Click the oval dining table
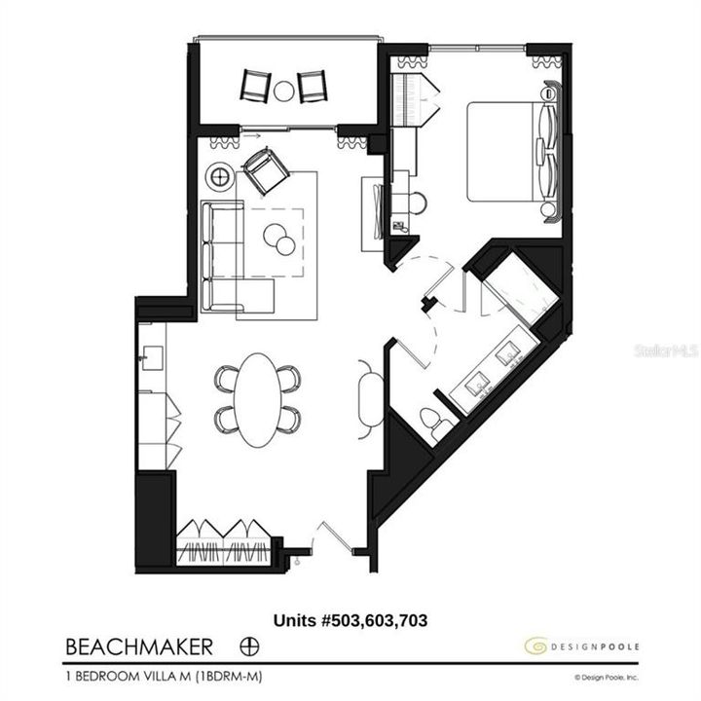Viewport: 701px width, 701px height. (x=257, y=399)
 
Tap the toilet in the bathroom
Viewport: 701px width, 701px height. (x=432, y=422)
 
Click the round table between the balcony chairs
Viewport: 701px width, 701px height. (x=283, y=91)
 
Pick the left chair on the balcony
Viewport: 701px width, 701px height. (x=257, y=87)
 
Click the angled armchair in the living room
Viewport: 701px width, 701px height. (x=265, y=172)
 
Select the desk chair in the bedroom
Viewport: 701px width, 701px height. (x=417, y=203)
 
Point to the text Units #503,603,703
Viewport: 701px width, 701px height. (x=350, y=619)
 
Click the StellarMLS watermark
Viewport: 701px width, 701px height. (x=668, y=349)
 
